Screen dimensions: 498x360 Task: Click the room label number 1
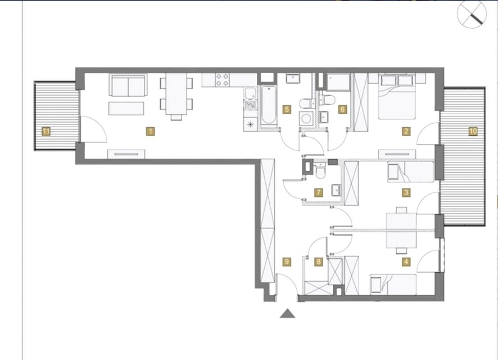pyautogui.click(x=151, y=131)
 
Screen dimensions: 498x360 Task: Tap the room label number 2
pyautogui.click(x=406, y=131)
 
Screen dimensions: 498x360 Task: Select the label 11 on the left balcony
pyautogui.click(x=46, y=131)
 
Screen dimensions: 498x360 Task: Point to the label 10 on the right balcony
pyautogui.click(x=473, y=131)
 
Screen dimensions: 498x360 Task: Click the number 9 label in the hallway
pyautogui.click(x=287, y=262)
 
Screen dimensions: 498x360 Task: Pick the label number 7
pyautogui.click(x=319, y=192)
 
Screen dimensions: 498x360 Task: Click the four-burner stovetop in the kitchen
pyautogui.click(x=222, y=80)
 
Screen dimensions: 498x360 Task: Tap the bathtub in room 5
pyautogui.click(x=269, y=105)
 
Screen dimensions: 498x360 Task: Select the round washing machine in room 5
pyautogui.click(x=306, y=119)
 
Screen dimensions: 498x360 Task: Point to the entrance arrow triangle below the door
pyautogui.click(x=287, y=313)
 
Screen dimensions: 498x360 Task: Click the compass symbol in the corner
pyautogui.click(x=472, y=14)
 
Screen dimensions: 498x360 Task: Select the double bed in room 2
pyautogui.click(x=397, y=97)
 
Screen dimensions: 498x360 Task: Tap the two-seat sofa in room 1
pyautogui.click(x=128, y=85)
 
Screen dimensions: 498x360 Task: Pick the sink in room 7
pyautogui.click(x=336, y=190)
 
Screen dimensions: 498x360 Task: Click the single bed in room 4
pyautogui.click(x=393, y=285)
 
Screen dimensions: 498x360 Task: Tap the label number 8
pyautogui.click(x=319, y=262)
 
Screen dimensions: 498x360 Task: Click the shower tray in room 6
pyautogui.click(x=338, y=83)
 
